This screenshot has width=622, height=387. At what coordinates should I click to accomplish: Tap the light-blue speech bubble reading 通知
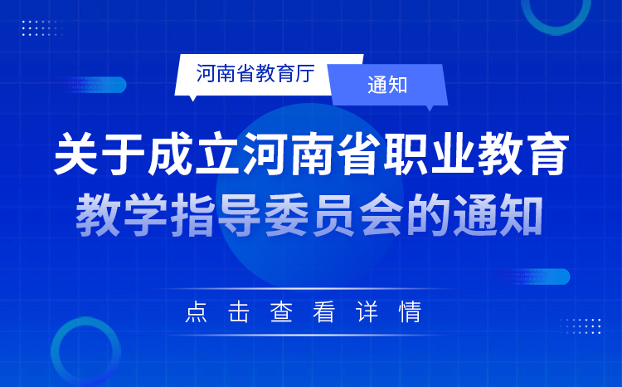click(388, 85)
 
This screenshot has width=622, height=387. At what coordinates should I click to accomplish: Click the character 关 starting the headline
click(76, 154)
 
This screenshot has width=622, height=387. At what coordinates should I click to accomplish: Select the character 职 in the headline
click(406, 154)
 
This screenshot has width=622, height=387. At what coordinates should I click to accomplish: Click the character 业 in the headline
click(454, 154)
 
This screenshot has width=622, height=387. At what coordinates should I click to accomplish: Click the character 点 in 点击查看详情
click(196, 312)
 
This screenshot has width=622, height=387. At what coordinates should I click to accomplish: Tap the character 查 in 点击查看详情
click(281, 312)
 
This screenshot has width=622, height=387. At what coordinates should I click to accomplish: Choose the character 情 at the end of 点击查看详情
click(410, 312)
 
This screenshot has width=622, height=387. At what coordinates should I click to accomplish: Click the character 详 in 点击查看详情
click(367, 312)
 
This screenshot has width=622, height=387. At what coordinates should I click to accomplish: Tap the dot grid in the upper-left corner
click(42, 27)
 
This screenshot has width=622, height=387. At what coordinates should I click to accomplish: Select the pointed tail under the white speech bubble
click(193, 98)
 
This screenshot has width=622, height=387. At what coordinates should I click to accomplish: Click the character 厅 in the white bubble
click(304, 74)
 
